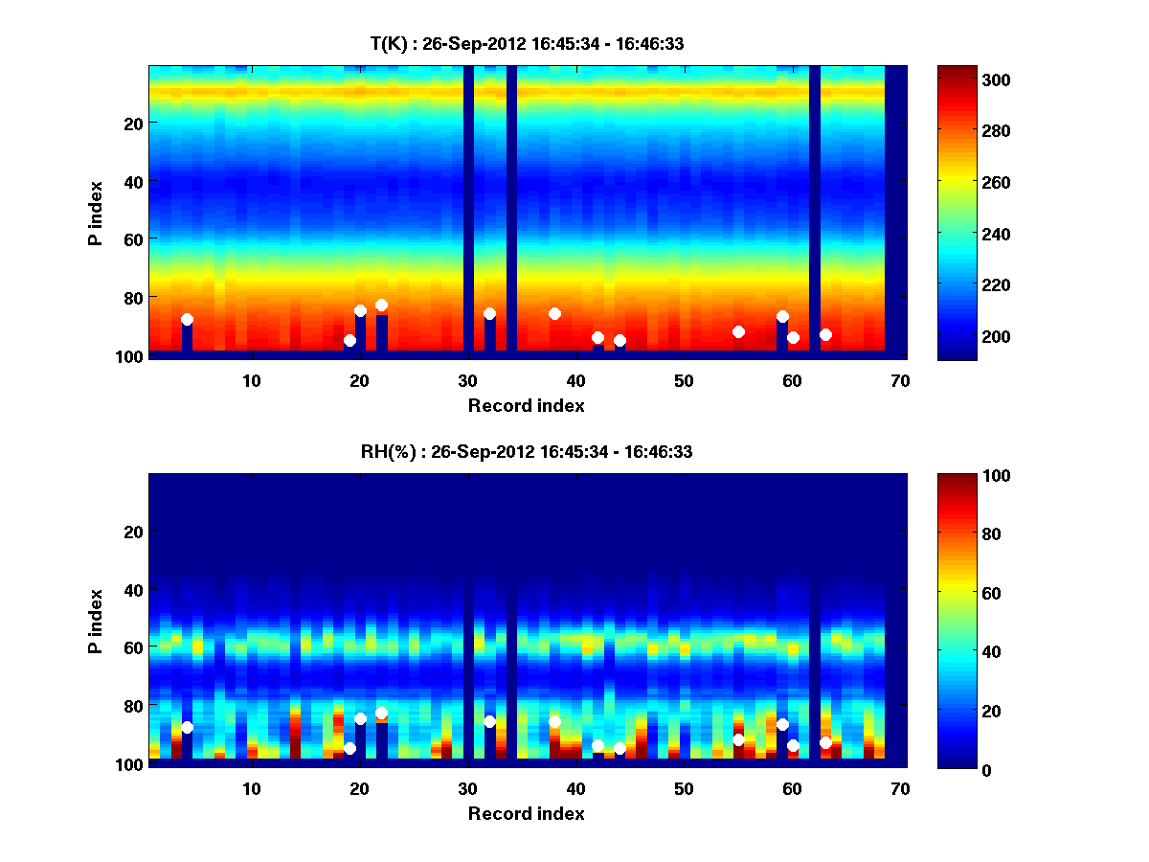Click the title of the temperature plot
coord(527,44)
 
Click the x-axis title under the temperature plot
coord(527,405)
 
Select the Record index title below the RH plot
coord(527,813)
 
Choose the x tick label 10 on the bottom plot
coord(251,788)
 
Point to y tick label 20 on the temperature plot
coord(133,124)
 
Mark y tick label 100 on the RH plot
coord(129,764)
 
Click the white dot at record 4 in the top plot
coord(187,319)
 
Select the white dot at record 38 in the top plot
coord(554,313)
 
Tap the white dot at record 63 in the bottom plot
coord(825,742)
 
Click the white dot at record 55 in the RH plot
coord(738,739)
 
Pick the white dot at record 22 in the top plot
coord(381,305)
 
